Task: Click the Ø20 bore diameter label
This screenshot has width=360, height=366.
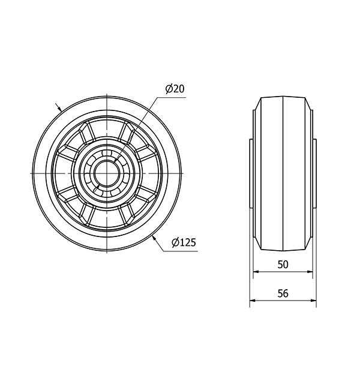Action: pyautogui.click(x=175, y=89)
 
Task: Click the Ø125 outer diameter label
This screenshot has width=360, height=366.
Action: pyautogui.click(x=184, y=242)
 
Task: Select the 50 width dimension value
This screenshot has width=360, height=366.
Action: pyautogui.click(x=283, y=265)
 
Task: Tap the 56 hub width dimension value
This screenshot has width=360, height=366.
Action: pyautogui.click(x=283, y=293)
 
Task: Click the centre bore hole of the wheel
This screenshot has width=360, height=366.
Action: pyautogui.click(x=107, y=173)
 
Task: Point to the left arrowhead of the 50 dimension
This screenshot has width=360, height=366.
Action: pyautogui.click(x=256, y=272)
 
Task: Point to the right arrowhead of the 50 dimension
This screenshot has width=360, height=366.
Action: pyautogui.click(x=310, y=272)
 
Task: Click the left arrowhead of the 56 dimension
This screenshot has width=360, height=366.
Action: pyautogui.click(x=253, y=301)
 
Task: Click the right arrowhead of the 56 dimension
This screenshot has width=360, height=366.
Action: pyautogui.click(x=313, y=301)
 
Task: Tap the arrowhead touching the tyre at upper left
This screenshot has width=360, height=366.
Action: pyautogui.click(x=59, y=109)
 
